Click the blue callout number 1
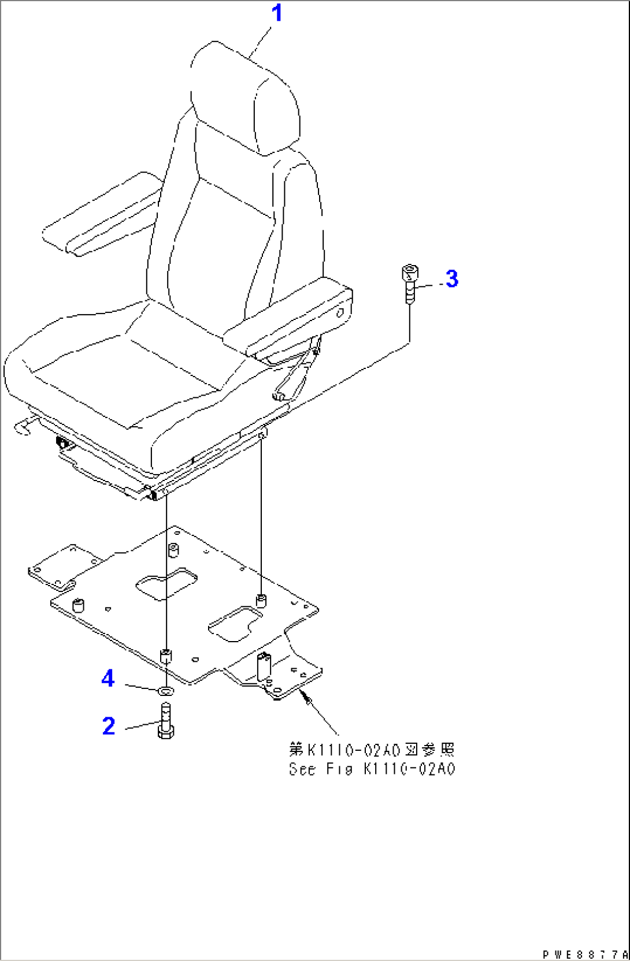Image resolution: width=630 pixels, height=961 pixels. pyautogui.click(x=277, y=13)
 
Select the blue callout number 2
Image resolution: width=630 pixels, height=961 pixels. pyautogui.click(x=109, y=726)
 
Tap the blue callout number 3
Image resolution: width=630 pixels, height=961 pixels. pyautogui.click(x=452, y=278)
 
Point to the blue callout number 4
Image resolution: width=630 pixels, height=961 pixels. pyautogui.click(x=108, y=679)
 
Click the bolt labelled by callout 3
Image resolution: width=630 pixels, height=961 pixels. pyautogui.click(x=410, y=284)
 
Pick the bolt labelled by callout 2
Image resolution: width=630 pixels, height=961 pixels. pyautogui.click(x=166, y=720)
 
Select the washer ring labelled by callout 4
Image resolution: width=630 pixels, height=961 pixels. pyautogui.click(x=166, y=691)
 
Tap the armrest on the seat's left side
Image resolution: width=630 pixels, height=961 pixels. pyautogui.click(x=102, y=214)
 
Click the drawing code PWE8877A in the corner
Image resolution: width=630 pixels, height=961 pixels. pyautogui.click(x=585, y=955)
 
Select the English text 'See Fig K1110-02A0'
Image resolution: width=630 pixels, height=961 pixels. pyautogui.click(x=372, y=769)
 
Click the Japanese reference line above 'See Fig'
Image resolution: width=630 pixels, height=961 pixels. pyautogui.click(x=372, y=750)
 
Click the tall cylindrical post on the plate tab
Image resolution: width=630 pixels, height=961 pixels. pyautogui.click(x=263, y=666)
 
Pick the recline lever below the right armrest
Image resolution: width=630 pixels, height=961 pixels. pyautogui.click(x=297, y=370)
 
